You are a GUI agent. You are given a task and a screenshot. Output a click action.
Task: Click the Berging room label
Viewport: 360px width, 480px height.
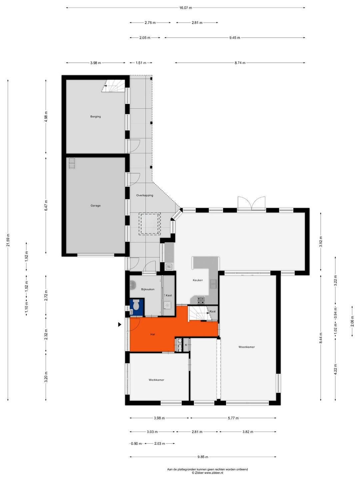tap(96, 117)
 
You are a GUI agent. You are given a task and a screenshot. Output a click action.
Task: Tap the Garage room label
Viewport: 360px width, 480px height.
tap(96, 206)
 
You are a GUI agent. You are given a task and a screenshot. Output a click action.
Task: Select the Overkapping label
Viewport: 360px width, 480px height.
tap(145, 195)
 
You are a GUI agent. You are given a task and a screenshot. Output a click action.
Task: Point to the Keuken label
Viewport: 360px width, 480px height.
tap(198, 280)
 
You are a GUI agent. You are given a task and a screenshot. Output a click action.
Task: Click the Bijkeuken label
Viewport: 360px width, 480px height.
tap(148, 289)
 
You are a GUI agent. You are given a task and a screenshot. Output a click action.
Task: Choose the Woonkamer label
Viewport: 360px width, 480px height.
tap(247, 347)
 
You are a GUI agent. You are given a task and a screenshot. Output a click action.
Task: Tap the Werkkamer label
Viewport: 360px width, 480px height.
tap(156, 380)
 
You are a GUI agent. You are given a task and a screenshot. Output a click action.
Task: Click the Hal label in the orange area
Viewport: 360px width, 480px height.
tap(153, 334)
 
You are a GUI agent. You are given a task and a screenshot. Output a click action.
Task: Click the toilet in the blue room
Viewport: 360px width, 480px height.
tap(136, 305)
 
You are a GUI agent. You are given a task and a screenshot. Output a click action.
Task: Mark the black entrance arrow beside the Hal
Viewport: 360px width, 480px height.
tap(120, 325)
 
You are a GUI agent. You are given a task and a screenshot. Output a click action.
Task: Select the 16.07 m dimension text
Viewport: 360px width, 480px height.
tap(186, 8)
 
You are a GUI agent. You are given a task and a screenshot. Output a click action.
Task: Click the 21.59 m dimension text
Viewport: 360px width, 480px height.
tap(8, 240)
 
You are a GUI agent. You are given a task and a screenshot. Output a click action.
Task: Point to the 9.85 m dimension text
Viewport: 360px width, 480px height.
tap(203, 457)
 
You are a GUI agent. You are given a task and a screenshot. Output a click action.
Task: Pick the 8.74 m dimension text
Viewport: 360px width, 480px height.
tap(240, 63)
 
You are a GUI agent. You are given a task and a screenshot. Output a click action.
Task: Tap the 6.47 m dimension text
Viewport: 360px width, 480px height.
tap(46, 205)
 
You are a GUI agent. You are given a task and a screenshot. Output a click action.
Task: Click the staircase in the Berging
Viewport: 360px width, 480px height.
tap(113, 86)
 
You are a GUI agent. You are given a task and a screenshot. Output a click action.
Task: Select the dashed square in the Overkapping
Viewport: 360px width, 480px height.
tap(150, 224)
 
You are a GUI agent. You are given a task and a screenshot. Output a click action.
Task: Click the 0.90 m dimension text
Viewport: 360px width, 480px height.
tap(136, 443)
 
